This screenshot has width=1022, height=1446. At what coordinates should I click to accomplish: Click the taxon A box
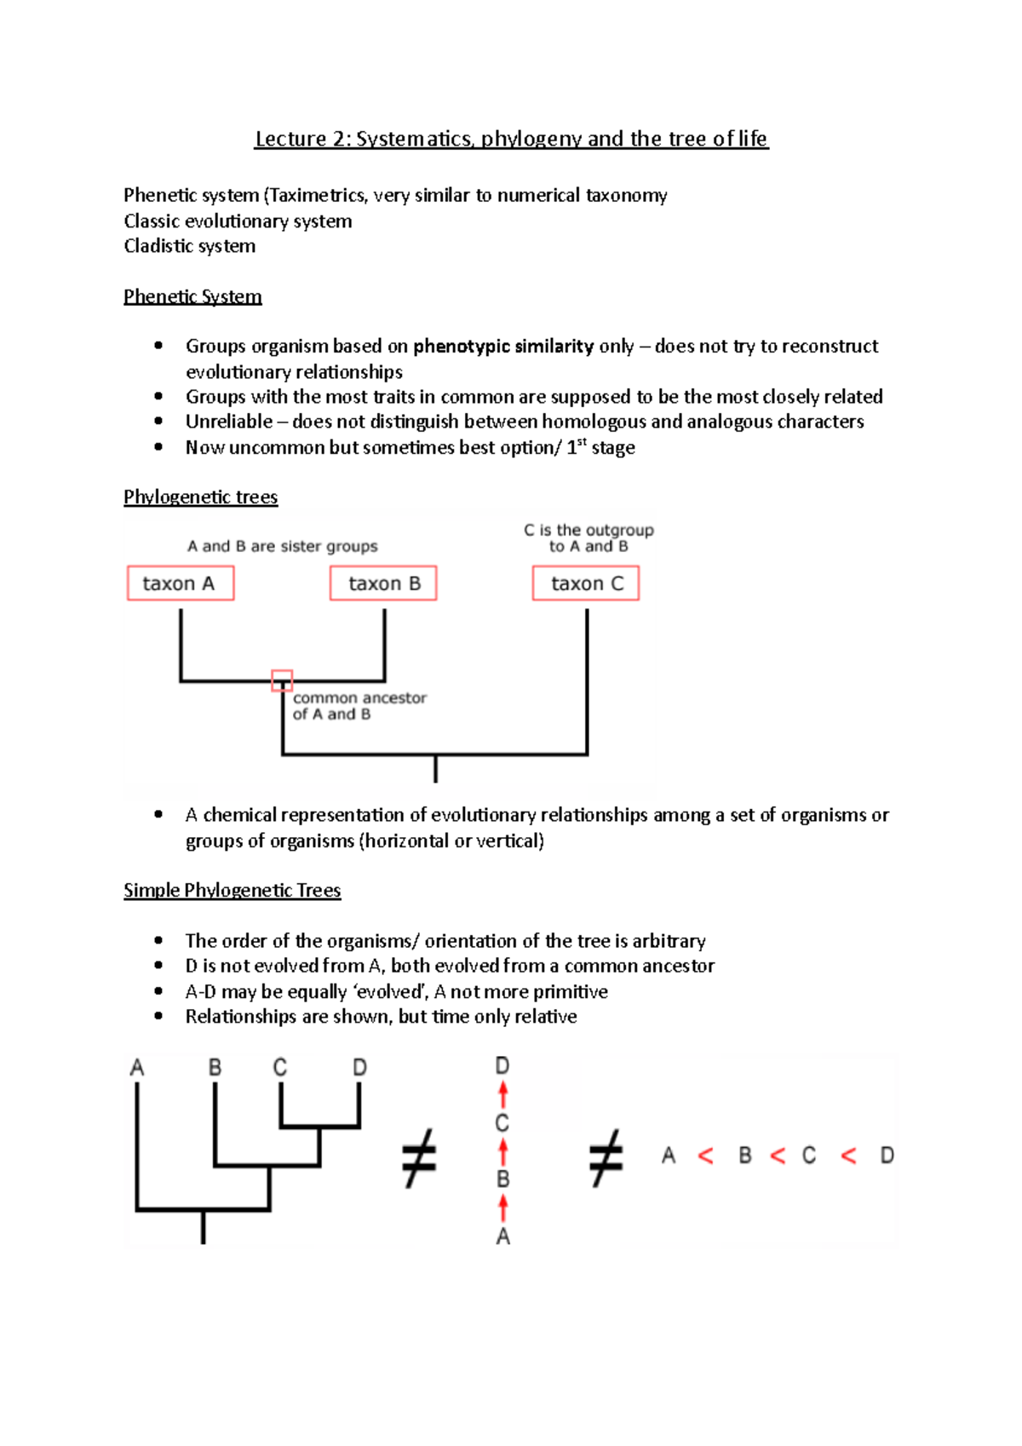point(180,583)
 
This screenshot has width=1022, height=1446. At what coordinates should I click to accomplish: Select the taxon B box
point(383,583)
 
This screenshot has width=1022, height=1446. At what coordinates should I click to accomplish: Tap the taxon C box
point(586,583)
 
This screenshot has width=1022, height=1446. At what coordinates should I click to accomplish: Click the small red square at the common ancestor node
point(282,680)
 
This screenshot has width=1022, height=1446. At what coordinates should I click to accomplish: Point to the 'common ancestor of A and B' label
point(359,706)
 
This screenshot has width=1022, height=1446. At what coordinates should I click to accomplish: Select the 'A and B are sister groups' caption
point(282,546)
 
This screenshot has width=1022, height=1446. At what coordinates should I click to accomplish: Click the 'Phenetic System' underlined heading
point(192,296)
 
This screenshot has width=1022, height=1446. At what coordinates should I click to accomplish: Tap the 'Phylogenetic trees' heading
point(200,496)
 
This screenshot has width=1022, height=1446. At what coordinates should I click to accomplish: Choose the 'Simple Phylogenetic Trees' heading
point(232,890)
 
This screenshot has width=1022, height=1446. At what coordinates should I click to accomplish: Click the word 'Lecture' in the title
point(290,139)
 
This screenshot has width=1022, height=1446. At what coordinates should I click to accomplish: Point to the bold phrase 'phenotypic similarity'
point(502,346)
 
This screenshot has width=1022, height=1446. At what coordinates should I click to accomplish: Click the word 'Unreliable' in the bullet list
point(229,422)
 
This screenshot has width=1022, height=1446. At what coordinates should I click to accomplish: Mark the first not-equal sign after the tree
point(419,1158)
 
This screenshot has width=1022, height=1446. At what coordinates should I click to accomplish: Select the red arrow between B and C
point(502,1151)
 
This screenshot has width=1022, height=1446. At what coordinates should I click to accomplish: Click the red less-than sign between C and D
point(848,1156)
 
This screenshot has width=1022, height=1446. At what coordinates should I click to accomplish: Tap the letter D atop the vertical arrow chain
point(502,1065)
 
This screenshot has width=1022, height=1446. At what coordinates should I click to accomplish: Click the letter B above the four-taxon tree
point(215,1067)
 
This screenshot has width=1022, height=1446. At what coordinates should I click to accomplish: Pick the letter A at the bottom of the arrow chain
point(502,1237)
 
